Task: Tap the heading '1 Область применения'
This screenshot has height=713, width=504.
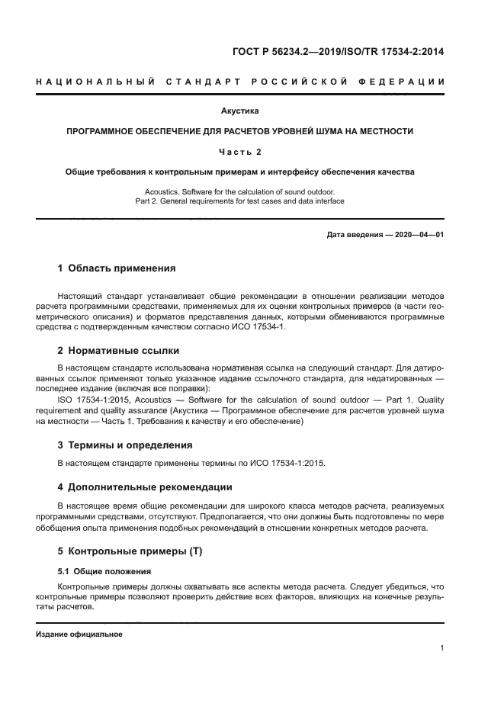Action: coord(117,268)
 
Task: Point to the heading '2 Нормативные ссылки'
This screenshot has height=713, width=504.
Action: coord(118,351)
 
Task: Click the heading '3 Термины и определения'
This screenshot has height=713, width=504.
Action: coord(125,445)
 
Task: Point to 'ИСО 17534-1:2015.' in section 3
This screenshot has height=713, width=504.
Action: coord(295,464)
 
